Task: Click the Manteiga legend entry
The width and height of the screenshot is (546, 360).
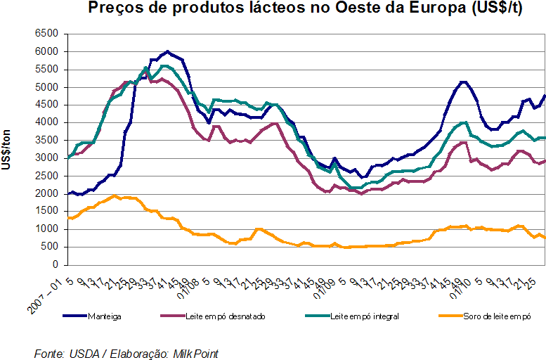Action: click(x=105, y=316)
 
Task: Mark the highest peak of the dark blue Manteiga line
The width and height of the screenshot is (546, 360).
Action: click(x=167, y=51)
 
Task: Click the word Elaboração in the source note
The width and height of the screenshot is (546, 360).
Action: click(x=134, y=353)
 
